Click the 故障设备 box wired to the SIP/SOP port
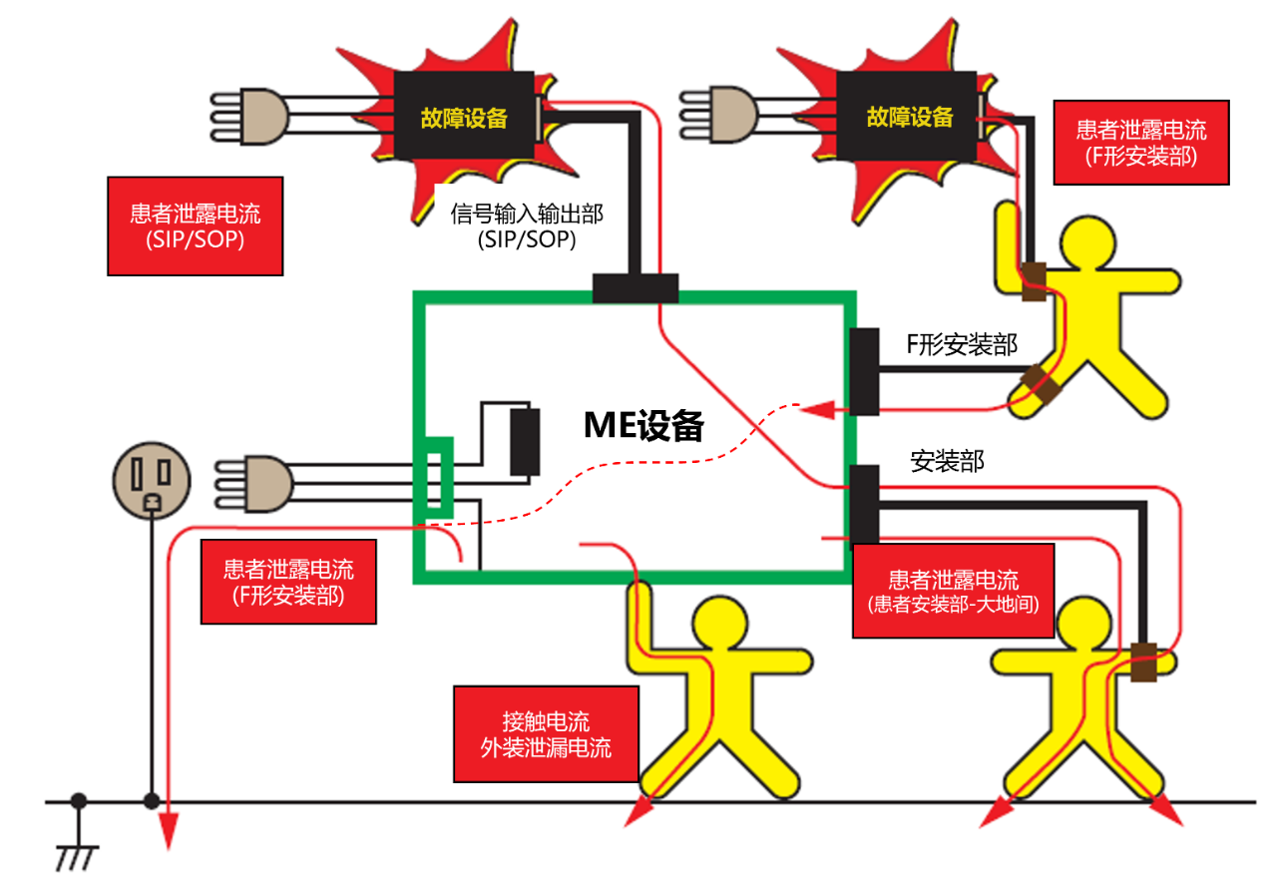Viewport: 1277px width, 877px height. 465,116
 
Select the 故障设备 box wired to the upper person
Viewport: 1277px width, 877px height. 909,116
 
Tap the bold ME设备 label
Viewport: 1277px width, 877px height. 643,426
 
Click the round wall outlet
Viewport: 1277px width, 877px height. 150,477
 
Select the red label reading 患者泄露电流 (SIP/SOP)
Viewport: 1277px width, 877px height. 195,225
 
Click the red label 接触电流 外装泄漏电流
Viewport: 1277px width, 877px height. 546,734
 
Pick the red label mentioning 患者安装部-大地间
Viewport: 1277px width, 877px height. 954,591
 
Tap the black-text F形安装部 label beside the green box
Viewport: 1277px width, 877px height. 961,345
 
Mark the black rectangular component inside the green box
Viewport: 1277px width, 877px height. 525,441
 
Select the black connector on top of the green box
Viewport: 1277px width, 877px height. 635,288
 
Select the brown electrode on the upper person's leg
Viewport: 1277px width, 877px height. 1045,387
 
